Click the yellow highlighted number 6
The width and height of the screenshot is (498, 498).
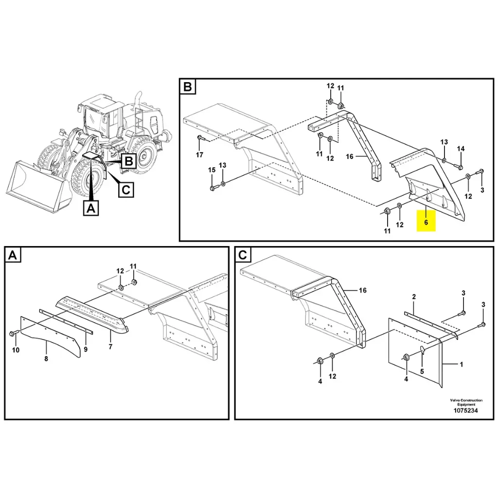426,222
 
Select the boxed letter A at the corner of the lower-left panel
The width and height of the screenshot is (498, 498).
13,255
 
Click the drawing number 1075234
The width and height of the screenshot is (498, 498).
466,410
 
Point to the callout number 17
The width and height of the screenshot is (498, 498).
199,155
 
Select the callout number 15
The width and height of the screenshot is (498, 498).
212,170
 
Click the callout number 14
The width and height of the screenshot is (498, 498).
461,148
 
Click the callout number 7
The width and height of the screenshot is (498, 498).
110,347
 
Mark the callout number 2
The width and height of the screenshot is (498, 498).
414,297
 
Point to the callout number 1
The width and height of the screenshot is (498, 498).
461,364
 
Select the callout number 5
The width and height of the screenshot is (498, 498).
422,371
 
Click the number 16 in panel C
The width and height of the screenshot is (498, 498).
362,290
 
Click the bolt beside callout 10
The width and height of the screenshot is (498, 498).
13,334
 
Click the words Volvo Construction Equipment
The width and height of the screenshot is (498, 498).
466,402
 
